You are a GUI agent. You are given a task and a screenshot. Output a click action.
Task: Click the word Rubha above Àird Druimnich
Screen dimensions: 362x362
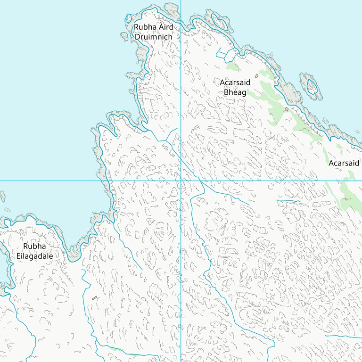143,27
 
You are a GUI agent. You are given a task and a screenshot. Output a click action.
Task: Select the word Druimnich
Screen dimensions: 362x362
153,36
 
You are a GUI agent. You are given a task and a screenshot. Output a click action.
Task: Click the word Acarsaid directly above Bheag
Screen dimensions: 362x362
235,82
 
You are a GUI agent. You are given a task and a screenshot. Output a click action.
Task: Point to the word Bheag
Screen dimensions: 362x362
235,92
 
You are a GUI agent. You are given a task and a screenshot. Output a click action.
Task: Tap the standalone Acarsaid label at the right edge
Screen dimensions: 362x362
344,163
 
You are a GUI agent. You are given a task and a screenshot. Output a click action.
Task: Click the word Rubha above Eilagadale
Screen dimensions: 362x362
34,247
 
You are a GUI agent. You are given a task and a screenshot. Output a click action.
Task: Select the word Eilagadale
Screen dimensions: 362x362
34,256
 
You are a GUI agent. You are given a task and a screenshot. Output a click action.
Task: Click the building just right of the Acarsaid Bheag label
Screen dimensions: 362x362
256,76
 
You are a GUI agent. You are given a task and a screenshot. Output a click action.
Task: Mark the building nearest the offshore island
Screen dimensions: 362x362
287,109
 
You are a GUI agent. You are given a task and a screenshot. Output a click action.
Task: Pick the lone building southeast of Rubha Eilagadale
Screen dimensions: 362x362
94,297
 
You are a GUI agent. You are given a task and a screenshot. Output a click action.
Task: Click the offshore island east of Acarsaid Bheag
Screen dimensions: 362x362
312,86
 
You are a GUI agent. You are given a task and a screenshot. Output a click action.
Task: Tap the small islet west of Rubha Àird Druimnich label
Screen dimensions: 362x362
124,36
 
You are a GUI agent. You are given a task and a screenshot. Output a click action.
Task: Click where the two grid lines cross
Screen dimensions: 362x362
181,181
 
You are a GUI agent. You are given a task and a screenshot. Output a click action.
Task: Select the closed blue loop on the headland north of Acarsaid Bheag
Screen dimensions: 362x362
220,22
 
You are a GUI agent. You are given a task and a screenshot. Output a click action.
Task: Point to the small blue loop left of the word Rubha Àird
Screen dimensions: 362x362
128,19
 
